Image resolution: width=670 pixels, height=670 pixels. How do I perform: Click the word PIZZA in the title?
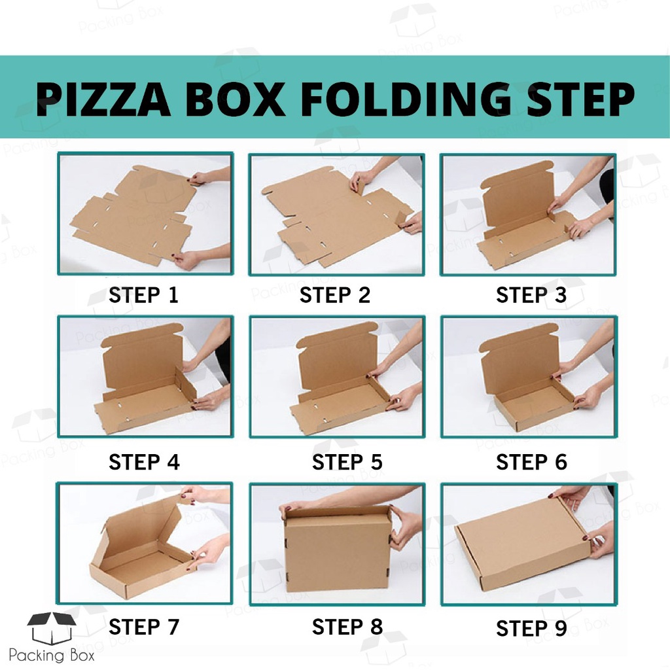pos(103,99)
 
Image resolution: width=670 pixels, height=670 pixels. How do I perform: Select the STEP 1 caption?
pos(143,295)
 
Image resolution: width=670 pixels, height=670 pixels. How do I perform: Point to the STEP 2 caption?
pos(335,295)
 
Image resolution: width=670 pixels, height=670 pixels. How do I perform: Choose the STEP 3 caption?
pos(531,295)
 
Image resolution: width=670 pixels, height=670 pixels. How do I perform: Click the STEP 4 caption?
pos(145,462)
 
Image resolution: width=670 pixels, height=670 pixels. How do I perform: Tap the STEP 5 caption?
pos(347,462)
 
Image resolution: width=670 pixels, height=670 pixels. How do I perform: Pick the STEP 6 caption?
pos(531,462)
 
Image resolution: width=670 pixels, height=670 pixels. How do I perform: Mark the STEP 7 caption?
pos(144,627)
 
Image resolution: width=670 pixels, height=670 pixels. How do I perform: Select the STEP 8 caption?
pos(347,627)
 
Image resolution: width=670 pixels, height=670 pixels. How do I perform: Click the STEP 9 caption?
pos(531,628)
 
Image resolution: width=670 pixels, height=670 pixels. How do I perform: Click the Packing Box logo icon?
pos(52,628)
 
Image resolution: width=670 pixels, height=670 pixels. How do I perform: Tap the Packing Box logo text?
pos(51,655)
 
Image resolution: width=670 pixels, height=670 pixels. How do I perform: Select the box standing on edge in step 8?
pos(338,548)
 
